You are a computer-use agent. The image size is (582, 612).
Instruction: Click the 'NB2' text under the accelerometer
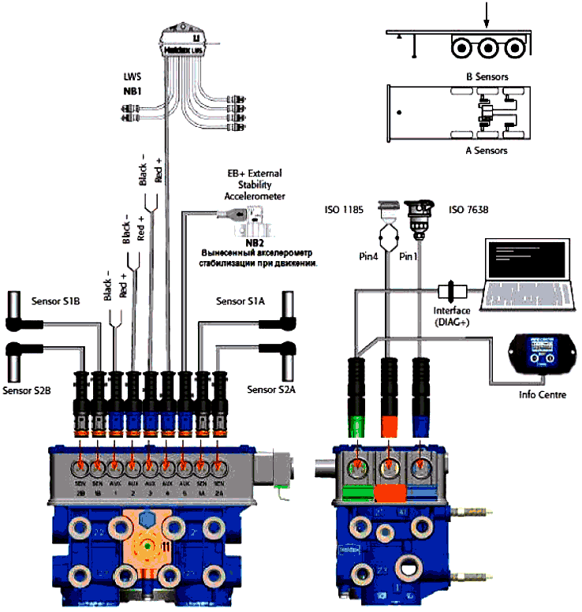tap(253, 243)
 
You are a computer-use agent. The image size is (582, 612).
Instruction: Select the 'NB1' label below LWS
tap(132, 91)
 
